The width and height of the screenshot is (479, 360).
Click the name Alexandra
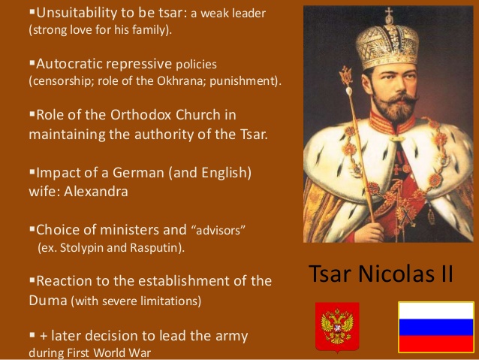[x=95, y=192]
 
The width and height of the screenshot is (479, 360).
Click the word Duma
[x=48, y=301]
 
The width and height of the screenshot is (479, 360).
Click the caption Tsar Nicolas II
[x=381, y=273]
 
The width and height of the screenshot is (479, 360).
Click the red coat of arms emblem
[x=337, y=327]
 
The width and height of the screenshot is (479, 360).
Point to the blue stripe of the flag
[x=436, y=327]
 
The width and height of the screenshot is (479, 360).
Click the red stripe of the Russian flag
[x=436, y=343]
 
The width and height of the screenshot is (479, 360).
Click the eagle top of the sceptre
[x=346, y=76]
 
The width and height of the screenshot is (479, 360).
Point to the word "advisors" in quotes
[x=218, y=231]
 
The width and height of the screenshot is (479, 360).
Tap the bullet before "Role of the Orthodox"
[x=32, y=114]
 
